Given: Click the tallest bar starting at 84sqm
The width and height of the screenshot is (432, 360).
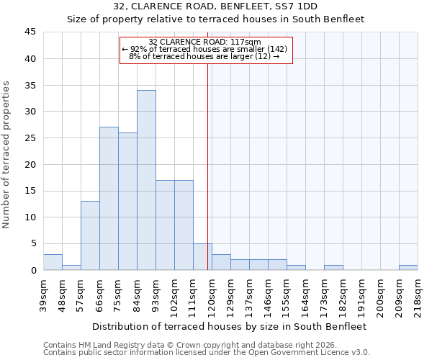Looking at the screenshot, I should tap(146, 180).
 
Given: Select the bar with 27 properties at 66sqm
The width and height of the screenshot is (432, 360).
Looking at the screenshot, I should tap(109, 199).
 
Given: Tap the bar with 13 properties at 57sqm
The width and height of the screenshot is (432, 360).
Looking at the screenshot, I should tap(90, 235).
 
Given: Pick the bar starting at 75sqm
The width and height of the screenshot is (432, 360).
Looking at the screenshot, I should tap(127, 202).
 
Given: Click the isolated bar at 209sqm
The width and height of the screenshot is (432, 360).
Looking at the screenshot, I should tap(408, 267).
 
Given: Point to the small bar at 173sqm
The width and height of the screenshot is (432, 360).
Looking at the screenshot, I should tap(333, 267).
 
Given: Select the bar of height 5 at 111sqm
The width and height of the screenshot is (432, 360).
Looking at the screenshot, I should tap(202, 257).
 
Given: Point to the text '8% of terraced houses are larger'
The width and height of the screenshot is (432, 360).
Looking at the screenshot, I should tap(204, 56).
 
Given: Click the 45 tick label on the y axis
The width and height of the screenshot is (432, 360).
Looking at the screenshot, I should tap(30, 32).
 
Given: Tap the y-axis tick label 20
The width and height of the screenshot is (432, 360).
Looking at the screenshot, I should tap(30, 164).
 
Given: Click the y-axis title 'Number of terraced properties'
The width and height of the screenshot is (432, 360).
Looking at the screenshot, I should tap(7, 155).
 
